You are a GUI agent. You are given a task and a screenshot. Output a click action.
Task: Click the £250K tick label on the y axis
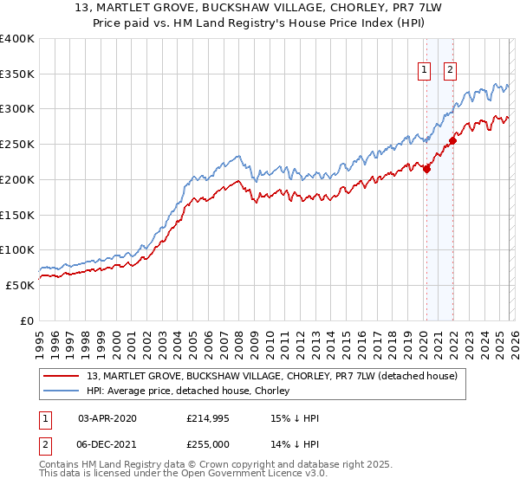(17, 145)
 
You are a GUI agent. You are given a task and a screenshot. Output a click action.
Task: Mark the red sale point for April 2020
(426, 170)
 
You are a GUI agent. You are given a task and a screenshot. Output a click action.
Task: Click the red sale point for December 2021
(452, 141)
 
